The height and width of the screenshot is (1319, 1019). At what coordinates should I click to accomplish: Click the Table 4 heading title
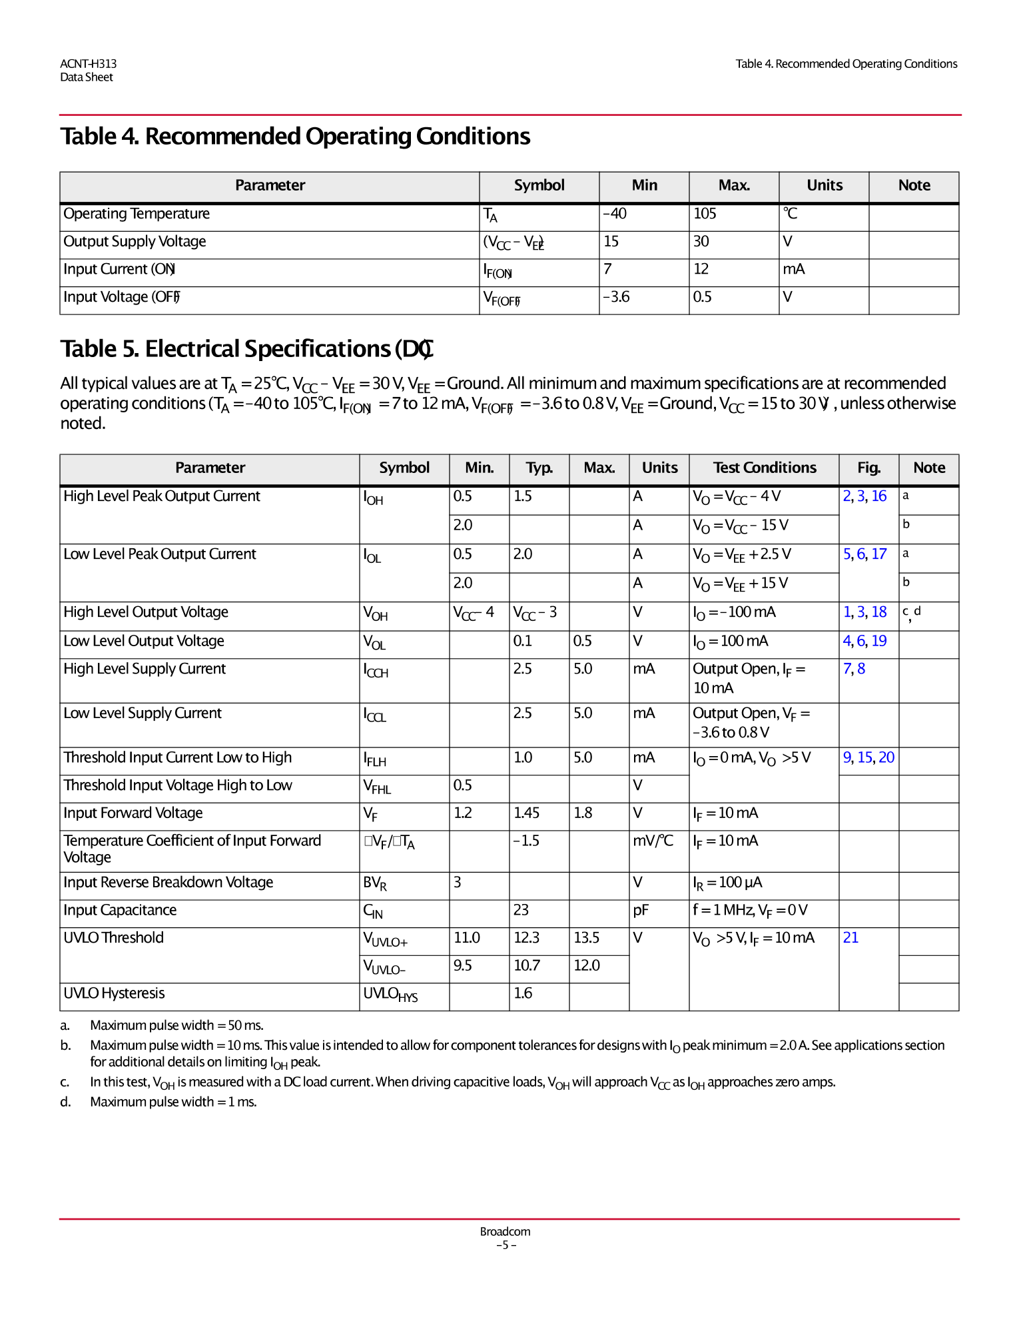(295, 137)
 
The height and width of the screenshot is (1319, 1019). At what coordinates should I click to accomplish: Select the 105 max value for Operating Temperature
(705, 214)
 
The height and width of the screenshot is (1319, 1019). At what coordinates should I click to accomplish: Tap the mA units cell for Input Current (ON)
(793, 269)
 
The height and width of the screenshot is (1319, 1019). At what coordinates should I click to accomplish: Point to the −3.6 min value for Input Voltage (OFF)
(616, 297)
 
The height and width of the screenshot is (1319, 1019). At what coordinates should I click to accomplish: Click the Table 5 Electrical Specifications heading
(247, 349)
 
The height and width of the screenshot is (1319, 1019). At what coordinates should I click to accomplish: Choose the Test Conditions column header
(764, 468)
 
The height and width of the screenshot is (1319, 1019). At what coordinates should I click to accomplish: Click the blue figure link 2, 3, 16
(864, 496)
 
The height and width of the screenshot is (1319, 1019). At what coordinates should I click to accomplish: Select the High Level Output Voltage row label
(146, 612)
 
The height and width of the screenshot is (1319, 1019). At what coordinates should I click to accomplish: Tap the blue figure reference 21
(850, 938)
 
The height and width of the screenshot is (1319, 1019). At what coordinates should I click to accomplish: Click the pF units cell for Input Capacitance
(641, 911)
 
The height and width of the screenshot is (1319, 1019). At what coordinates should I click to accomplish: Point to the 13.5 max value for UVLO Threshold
(586, 938)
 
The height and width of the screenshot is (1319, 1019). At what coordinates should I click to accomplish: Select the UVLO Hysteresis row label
(114, 993)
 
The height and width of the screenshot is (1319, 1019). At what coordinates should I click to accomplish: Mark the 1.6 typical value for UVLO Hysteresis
(523, 993)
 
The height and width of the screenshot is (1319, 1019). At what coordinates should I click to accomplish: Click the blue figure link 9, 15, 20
(868, 757)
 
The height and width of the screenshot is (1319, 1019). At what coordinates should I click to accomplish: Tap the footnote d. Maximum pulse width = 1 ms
(173, 1102)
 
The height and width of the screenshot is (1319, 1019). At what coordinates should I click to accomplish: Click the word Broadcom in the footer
(505, 1232)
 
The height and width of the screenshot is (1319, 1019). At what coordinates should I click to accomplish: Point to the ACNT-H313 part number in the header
(88, 64)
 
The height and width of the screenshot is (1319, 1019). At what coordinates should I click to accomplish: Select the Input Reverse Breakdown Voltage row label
(169, 883)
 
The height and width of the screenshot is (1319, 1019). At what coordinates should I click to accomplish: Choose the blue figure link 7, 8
(854, 669)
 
